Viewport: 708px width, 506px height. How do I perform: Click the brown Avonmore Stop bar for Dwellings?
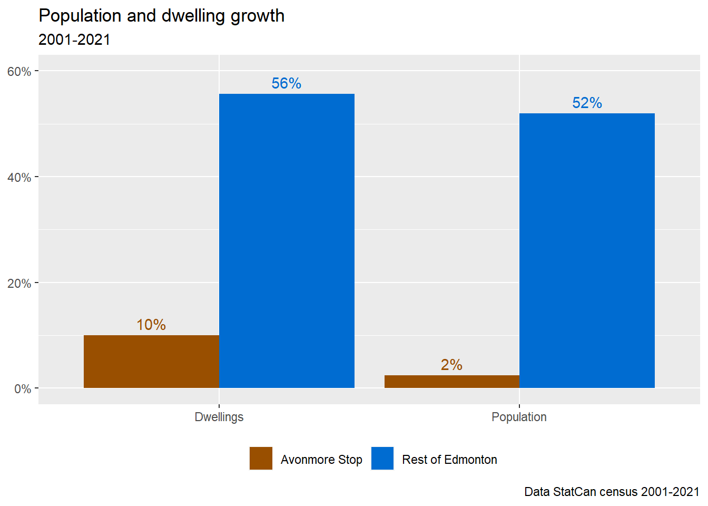click(x=151, y=362)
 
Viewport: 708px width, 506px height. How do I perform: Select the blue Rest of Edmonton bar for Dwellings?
click(x=287, y=241)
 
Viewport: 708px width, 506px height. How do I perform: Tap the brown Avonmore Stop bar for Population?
click(x=451, y=382)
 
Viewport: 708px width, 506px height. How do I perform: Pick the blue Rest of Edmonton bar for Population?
click(x=587, y=250)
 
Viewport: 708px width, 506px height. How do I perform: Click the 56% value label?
click(x=287, y=83)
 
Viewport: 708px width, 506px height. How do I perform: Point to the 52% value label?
click(x=587, y=103)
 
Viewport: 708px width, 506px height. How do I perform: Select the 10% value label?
click(x=151, y=325)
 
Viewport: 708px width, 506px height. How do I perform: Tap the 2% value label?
click(x=451, y=365)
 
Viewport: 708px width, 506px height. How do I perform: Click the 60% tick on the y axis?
click(x=19, y=72)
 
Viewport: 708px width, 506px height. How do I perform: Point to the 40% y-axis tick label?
click(x=19, y=178)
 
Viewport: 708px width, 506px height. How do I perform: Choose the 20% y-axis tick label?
click(x=19, y=284)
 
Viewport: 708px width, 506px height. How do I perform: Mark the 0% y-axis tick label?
click(x=23, y=389)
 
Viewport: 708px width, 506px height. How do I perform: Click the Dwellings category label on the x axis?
click(x=219, y=417)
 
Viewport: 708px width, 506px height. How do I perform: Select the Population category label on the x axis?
click(x=519, y=417)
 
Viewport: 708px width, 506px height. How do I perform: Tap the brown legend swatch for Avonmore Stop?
click(x=261, y=458)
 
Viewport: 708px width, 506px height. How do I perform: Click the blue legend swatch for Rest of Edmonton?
click(x=382, y=458)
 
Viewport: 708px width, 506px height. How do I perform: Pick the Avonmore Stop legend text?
click(x=321, y=460)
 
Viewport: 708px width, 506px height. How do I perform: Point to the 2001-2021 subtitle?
click(x=74, y=40)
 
